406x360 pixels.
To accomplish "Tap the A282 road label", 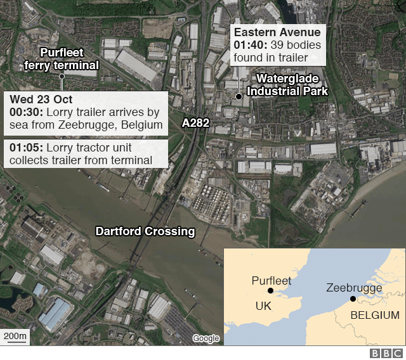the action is (x=196, y=123).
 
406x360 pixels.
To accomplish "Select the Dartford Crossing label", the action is (x=145, y=231).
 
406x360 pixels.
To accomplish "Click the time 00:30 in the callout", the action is (x=24, y=112).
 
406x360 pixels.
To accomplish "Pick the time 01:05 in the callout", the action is (x=24, y=147).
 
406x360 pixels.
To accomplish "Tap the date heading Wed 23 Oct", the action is (x=41, y=100).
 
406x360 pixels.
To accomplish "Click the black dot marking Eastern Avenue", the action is (x=239, y=97).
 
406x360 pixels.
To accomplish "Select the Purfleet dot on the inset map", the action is (x=271, y=291).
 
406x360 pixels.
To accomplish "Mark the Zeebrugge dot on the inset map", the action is (x=353, y=299).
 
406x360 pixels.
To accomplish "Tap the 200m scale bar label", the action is (x=15, y=335).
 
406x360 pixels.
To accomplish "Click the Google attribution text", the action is (x=206, y=338).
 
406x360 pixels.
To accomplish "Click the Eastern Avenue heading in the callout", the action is (x=277, y=33).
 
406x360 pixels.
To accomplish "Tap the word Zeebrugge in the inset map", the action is (x=354, y=288).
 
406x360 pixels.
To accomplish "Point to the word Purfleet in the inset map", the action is (x=272, y=280).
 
